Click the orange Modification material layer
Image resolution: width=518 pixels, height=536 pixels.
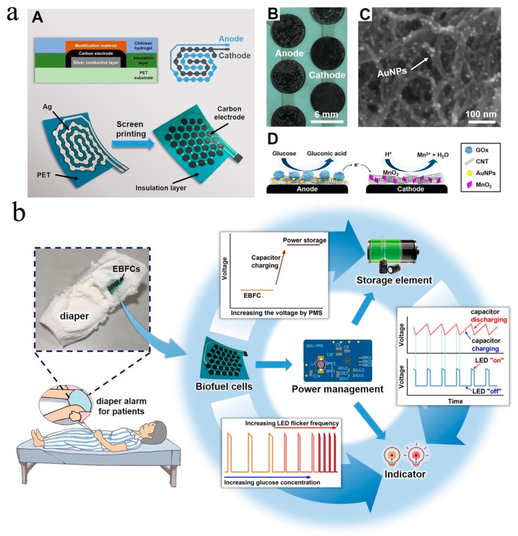click(x=96, y=45)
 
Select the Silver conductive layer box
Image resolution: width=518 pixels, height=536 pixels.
click(x=96, y=62)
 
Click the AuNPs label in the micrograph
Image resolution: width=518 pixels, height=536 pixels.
click(x=392, y=72)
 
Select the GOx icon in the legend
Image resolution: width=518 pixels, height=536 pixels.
click(x=468, y=150)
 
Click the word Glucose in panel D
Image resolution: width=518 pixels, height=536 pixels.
click(x=284, y=153)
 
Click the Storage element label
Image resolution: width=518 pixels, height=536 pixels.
click(x=394, y=280)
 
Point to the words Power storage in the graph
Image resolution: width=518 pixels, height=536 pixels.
click(x=304, y=240)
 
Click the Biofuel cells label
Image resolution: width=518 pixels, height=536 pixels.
click(x=224, y=386)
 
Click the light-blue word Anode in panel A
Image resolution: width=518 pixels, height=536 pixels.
click(x=231, y=39)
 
